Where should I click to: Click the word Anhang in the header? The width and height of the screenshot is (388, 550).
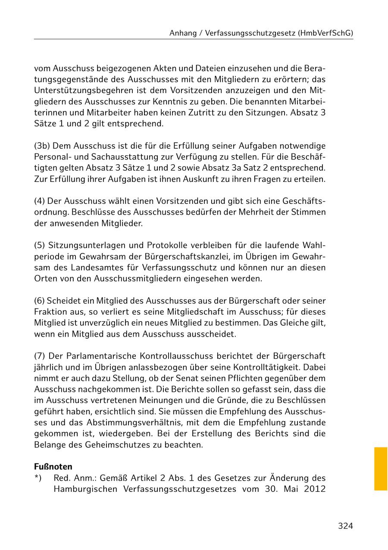(183, 33)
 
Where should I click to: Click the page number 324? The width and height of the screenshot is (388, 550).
(345, 525)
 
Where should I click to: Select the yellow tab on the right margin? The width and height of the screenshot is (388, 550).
(381, 469)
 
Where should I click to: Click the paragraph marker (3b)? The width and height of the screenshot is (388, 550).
(42, 146)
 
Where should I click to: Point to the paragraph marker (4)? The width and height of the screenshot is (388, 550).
(39, 201)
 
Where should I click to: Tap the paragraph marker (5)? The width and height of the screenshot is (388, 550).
(40, 245)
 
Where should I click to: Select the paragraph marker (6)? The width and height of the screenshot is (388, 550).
(39, 300)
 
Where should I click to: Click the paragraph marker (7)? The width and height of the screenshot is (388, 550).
(40, 356)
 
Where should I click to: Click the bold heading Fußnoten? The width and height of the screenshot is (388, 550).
(53, 467)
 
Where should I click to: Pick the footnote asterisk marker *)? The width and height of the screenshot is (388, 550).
(38, 478)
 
